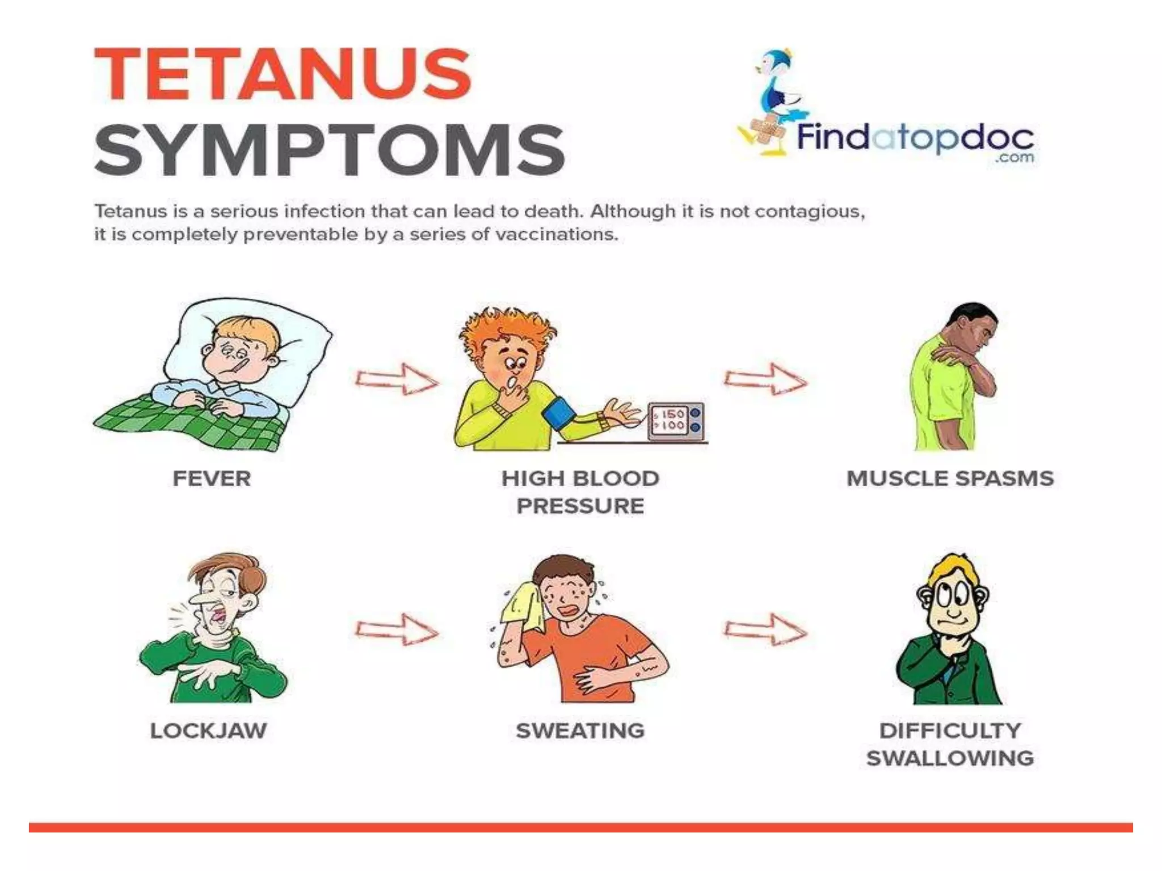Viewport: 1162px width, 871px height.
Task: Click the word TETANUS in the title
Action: (x=283, y=74)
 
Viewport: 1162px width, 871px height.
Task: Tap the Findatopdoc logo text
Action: (x=915, y=138)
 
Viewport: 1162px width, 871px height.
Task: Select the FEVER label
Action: (x=212, y=479)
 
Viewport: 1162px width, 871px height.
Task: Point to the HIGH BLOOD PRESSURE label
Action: (x=580, y=492)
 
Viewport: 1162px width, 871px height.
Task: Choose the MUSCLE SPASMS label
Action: (x=950, y=479)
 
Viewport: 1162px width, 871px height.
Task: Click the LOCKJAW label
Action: (x=208, y=731)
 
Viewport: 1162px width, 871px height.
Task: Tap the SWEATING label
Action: (x=580, y=731)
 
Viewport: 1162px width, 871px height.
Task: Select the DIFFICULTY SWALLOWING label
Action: (x=950, y=745)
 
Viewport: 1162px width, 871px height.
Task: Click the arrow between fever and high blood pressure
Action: (x=397, y=379)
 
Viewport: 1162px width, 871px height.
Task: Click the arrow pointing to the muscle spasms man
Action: (x=765, y=379)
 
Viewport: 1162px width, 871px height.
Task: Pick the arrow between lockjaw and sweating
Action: (x=397, y=629)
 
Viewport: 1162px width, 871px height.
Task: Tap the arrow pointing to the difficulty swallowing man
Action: (x=765, y=629)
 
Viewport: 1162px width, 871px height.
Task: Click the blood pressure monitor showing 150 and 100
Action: (x=676, y=421)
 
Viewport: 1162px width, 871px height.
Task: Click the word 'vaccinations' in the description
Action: (x=556, y=235)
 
